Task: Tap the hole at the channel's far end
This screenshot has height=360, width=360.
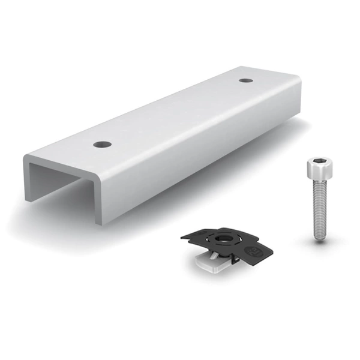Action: point(245,80)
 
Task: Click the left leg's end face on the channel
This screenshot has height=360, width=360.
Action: point(28,180)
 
